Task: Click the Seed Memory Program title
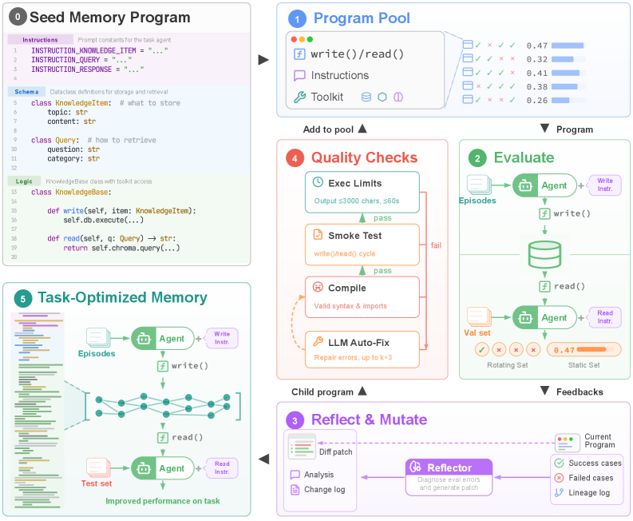point(109,17)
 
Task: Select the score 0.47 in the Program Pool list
point(536,46)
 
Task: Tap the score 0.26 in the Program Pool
point(536,100)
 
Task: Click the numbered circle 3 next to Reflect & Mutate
point(296,420)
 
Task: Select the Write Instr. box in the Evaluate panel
point(604,186)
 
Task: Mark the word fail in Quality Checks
point(436,245)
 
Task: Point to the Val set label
point(478,332)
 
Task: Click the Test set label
point(97,483)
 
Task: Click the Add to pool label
point(329,129)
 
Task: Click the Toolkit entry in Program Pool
point(327,97)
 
